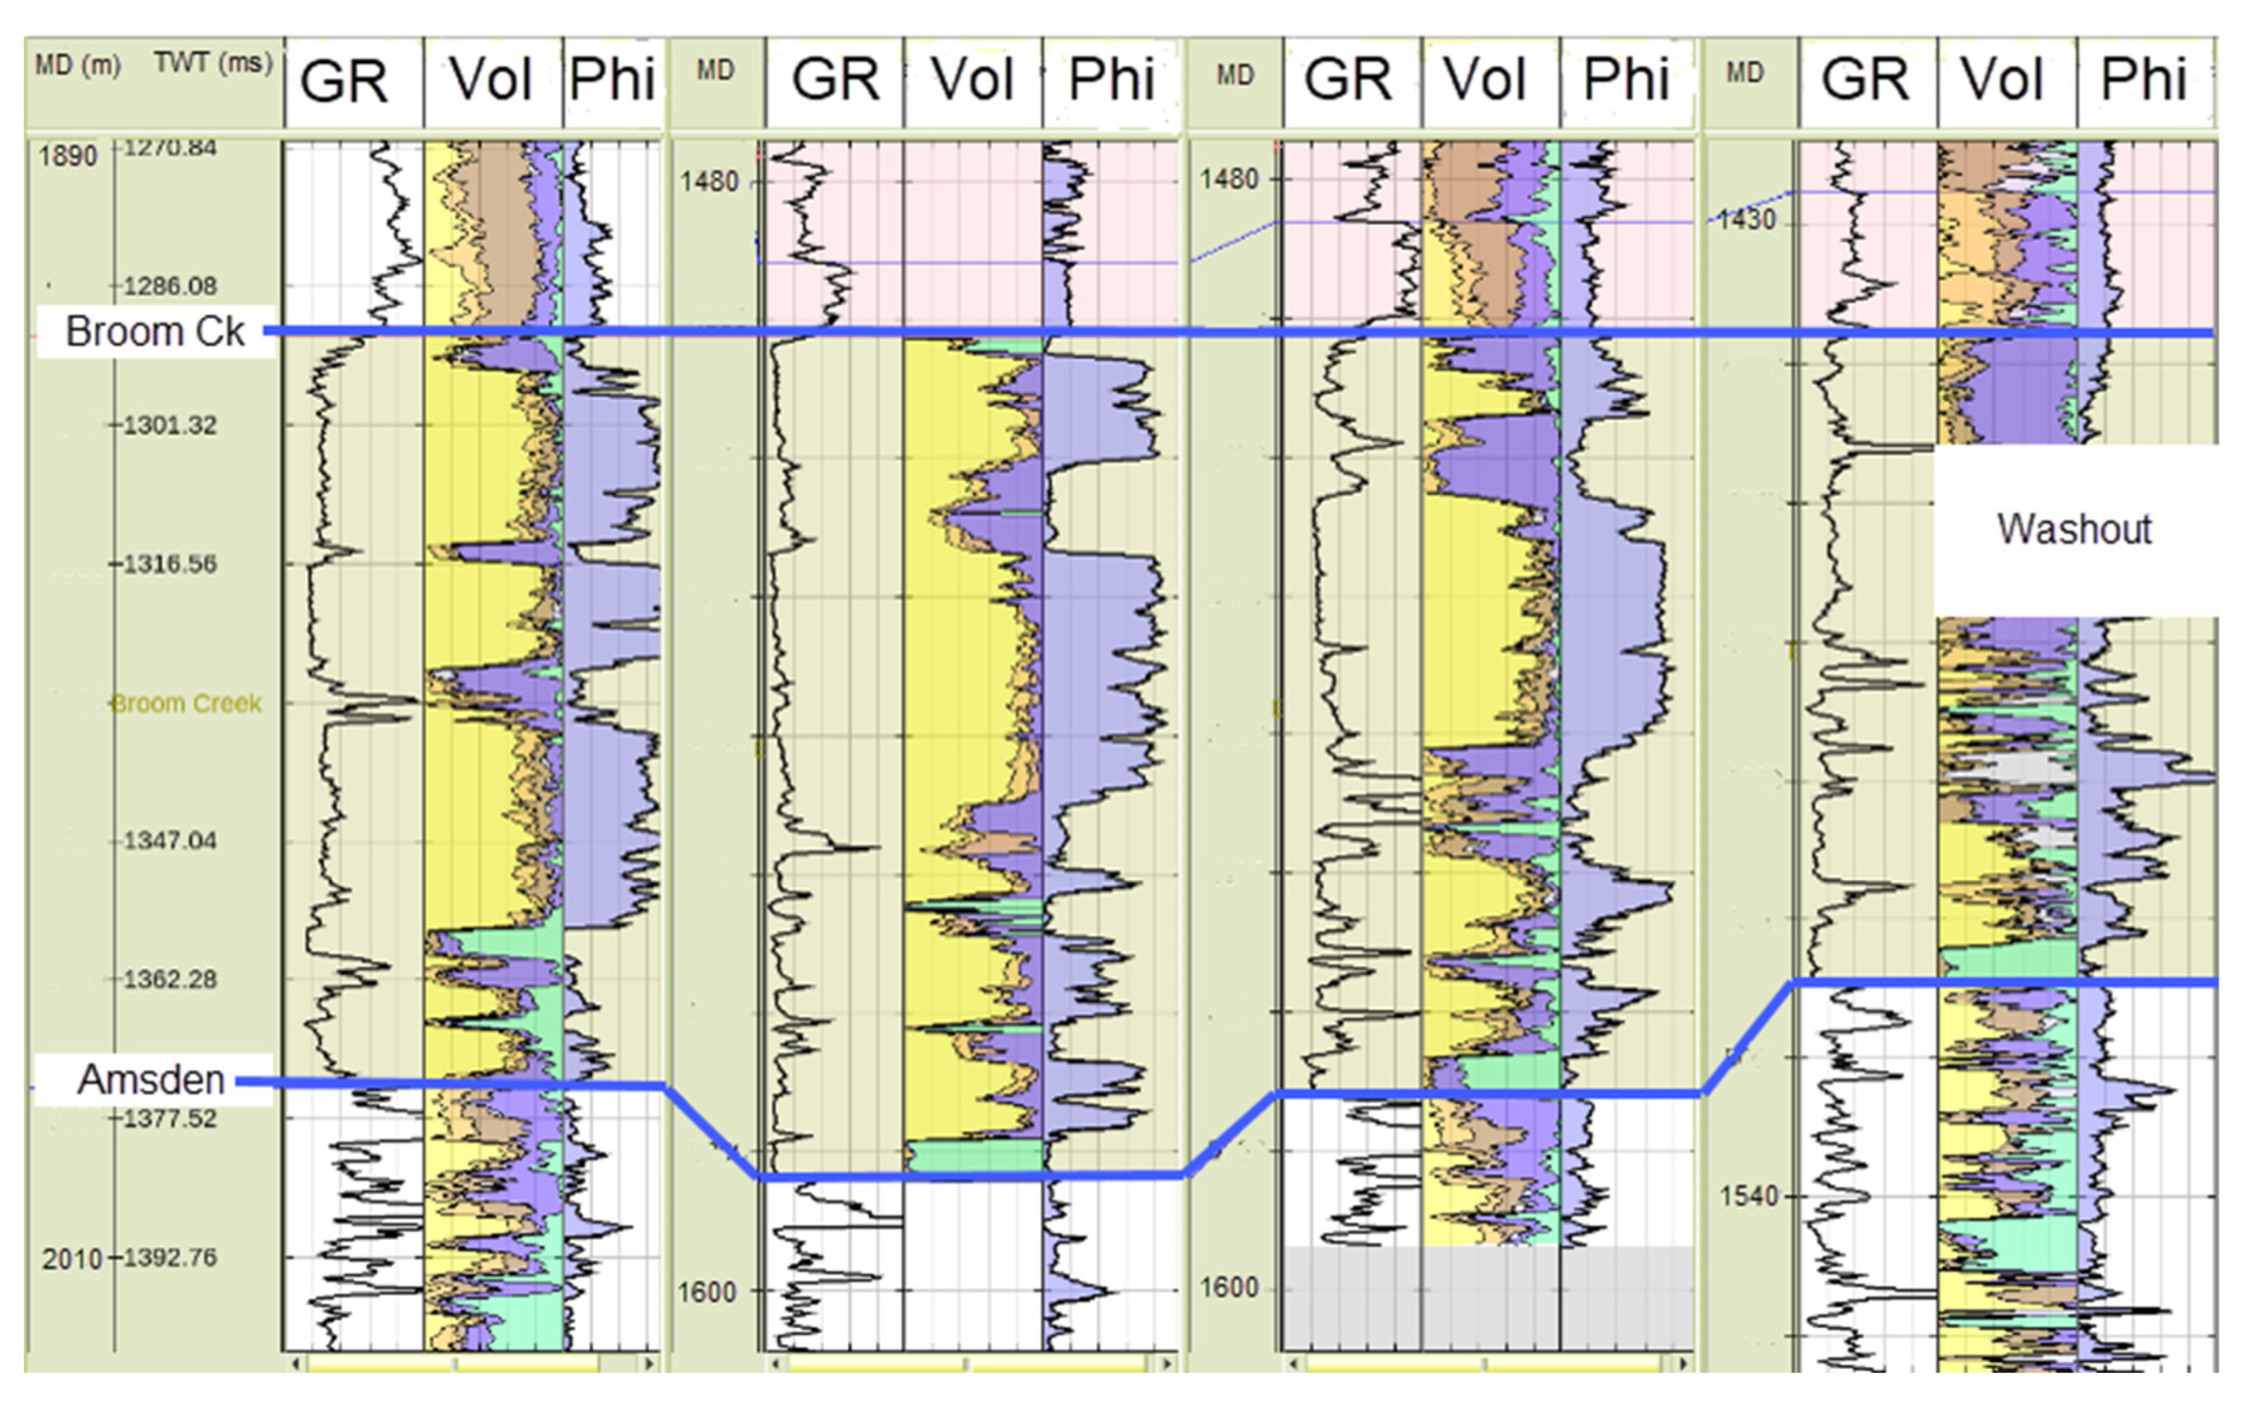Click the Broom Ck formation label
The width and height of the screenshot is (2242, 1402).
pos(155,331)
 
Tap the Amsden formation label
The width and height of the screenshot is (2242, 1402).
pos(151,1079)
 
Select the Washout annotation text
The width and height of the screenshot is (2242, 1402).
pos(2074,529)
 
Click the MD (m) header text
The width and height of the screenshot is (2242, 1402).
pos(78,65)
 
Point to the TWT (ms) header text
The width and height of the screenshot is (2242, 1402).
pos(213,63)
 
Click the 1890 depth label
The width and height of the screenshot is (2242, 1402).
pos(68,155)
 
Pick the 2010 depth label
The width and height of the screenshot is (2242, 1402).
pos(72,1259)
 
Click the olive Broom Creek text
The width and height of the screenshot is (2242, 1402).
pos(186,704)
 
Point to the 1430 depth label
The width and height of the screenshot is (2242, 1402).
pos(1745,220)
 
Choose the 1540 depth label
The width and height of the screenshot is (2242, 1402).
pos(1750,1196)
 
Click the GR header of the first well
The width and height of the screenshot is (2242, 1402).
pos(344,81)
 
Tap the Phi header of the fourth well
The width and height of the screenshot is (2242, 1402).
pos(2143,79)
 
